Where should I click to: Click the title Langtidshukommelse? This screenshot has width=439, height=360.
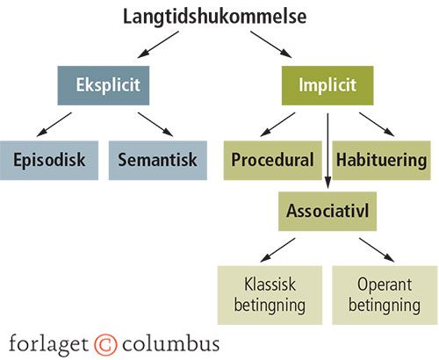[x=214, y=17]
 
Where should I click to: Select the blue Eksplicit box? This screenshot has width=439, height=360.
[x=104, y=85]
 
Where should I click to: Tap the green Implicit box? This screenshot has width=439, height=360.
[x=327, y=85]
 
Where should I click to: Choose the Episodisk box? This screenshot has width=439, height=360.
[x=49, y=161]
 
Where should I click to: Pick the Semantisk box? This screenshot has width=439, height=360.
[x=158, y=161]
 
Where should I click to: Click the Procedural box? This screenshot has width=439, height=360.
[x=273, y=161]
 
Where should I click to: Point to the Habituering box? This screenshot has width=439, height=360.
[x=381, y=161]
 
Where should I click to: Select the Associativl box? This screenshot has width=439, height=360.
[x=327, y=212]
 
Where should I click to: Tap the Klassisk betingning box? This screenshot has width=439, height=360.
[x=270, y=295]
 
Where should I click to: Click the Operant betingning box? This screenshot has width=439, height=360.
[x=385, y=295]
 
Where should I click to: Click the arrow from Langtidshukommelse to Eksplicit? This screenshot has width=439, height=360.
[x=158, y=45]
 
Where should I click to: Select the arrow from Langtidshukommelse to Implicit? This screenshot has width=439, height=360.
[x=271, y=45]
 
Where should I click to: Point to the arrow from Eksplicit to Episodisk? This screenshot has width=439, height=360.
[x=54, y=125]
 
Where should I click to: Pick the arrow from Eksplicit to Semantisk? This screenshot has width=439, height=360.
[x=155, y=125]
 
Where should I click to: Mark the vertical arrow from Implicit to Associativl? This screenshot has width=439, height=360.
[x=327, y=151]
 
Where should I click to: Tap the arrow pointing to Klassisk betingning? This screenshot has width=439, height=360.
[x=277, y=250]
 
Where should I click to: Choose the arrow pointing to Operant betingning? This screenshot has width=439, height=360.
[x=377, y=250]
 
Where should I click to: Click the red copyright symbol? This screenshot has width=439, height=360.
[x=105, y=344]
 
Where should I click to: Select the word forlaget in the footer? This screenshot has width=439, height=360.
[x=48, y=344]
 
